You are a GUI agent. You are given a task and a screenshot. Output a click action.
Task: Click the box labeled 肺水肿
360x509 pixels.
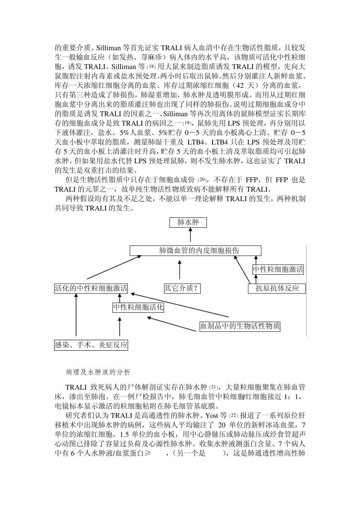188,222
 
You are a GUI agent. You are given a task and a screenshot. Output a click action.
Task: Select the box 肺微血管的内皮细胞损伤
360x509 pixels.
195,251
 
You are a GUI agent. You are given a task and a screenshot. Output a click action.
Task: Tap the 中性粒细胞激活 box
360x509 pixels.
278,269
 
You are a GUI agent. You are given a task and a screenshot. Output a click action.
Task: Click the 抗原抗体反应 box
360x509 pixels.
277,289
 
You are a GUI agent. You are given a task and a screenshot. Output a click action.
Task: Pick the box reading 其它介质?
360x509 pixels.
182,289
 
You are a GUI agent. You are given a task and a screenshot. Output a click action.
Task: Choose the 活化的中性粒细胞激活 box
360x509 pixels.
91,289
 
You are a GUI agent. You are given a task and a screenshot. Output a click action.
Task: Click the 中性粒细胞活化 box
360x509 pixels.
138,307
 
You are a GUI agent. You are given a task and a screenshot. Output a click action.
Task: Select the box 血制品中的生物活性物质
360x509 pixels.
240,326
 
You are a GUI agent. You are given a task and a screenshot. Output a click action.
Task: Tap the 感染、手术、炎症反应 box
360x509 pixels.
91,345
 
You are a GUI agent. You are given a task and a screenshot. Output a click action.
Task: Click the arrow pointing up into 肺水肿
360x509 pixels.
190,236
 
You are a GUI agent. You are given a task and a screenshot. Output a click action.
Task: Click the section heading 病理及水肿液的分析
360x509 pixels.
98,372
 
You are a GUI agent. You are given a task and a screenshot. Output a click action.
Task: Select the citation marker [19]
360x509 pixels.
187,124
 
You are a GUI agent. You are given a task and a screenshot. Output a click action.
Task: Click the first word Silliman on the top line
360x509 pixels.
109,48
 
